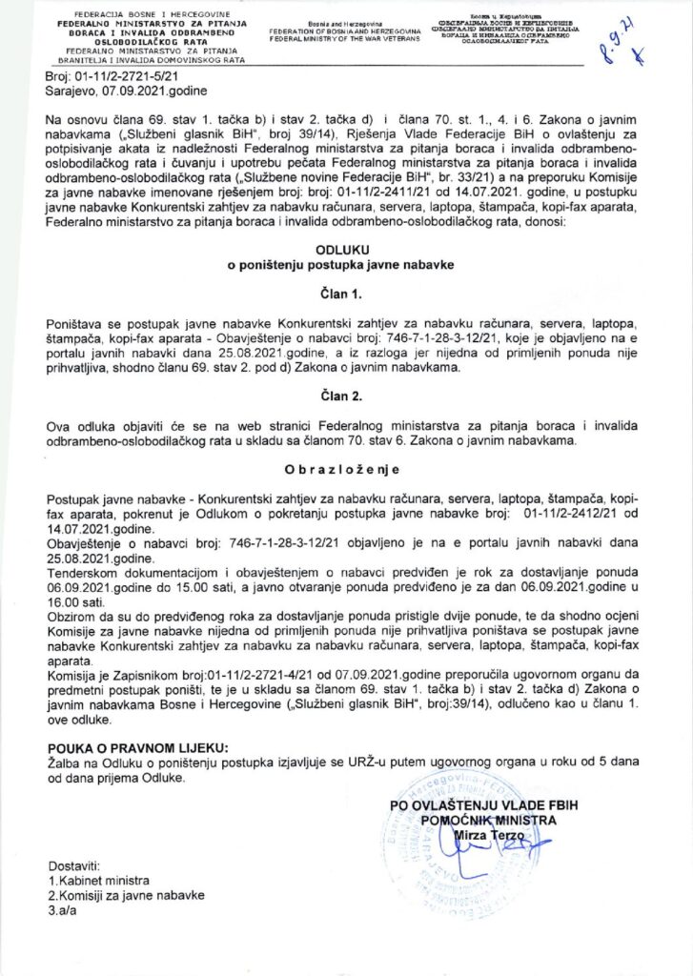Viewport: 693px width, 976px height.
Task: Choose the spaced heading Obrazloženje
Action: [x=346, y=471]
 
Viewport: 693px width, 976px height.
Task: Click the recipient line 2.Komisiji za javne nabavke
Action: [x=126, y=896]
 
